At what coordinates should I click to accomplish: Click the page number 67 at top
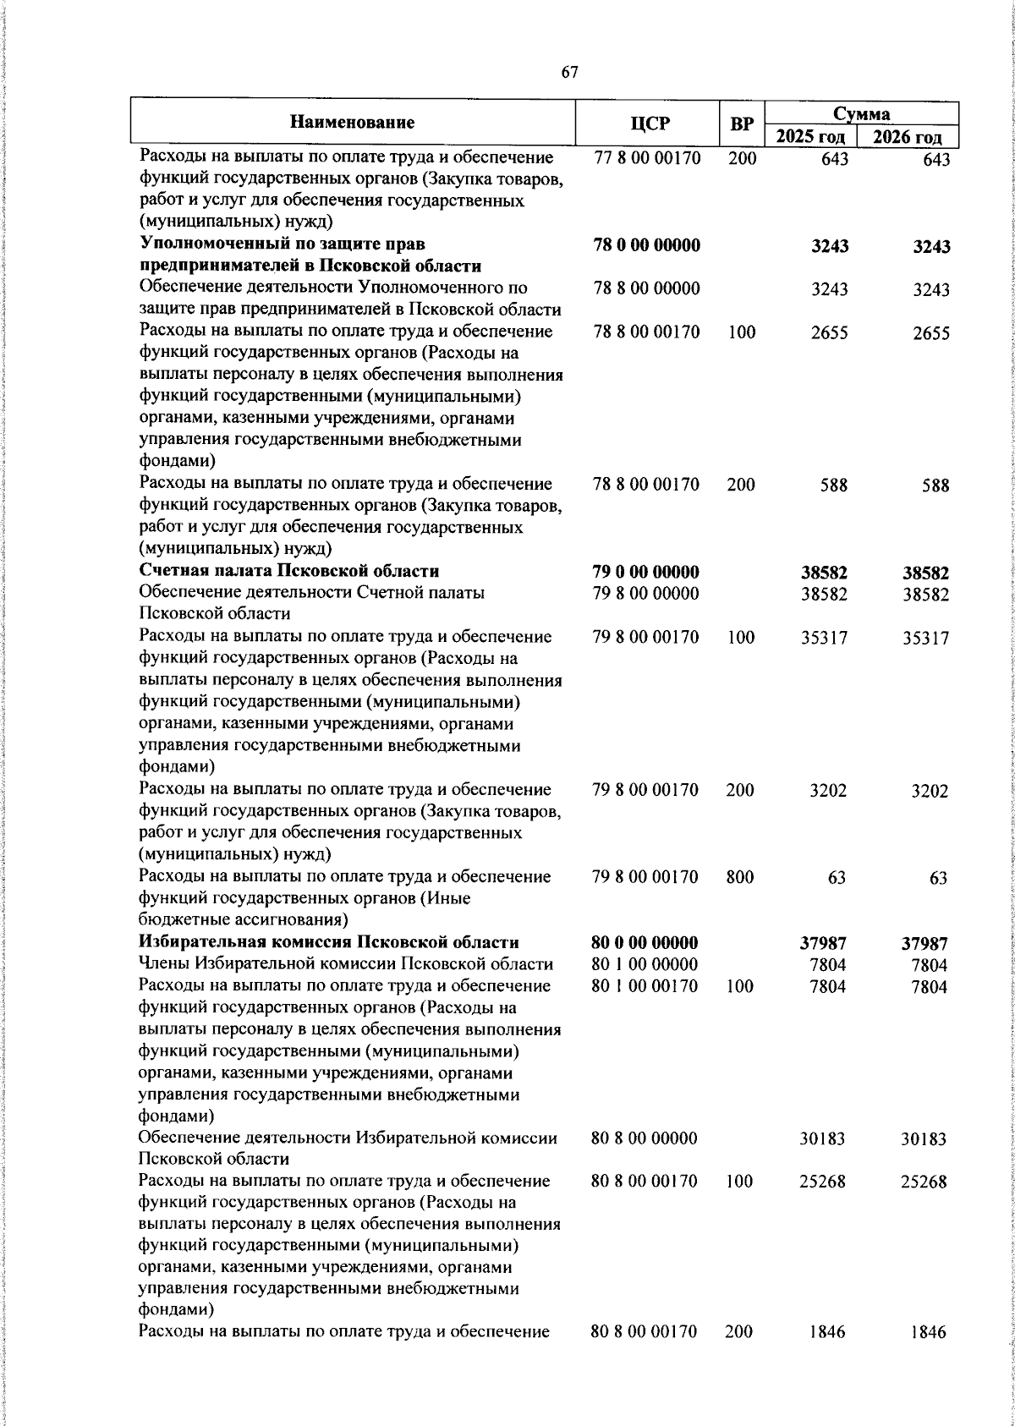(x=569, y=73)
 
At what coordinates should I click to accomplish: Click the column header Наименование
(x=352, y=123)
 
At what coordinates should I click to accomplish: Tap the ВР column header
(x=742, y=124)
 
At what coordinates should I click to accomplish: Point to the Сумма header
(x=861, y=113)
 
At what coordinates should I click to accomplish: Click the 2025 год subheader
(x=811, y=137)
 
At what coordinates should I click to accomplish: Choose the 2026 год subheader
(x=908, y=137)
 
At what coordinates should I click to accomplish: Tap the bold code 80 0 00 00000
(x=645, y=943)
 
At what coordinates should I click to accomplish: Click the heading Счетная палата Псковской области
(x=289, y=571)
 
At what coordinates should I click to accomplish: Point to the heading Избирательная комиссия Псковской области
(x=329, y=942)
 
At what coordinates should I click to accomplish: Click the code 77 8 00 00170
(x=647, y=158)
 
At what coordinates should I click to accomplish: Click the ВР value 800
(x=740, y=877)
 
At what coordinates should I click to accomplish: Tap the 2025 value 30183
(x=823, y=1139)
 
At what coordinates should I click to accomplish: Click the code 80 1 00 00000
(x=645, y=964)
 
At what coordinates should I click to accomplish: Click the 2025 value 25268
(x=823, y=1182)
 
